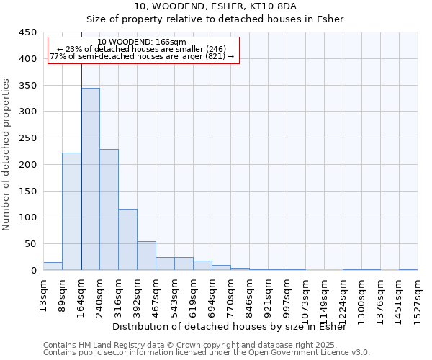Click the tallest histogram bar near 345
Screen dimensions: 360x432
(90, 179)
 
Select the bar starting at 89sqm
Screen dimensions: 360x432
(71, 212)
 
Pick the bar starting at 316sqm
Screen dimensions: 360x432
(127, 240)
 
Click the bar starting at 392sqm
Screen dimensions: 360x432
(146, 256)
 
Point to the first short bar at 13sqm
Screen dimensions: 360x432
(53, 266)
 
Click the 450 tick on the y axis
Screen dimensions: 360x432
(29, 32)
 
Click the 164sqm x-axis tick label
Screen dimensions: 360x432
(81, 294)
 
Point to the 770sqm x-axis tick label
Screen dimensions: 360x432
(231, 294)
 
